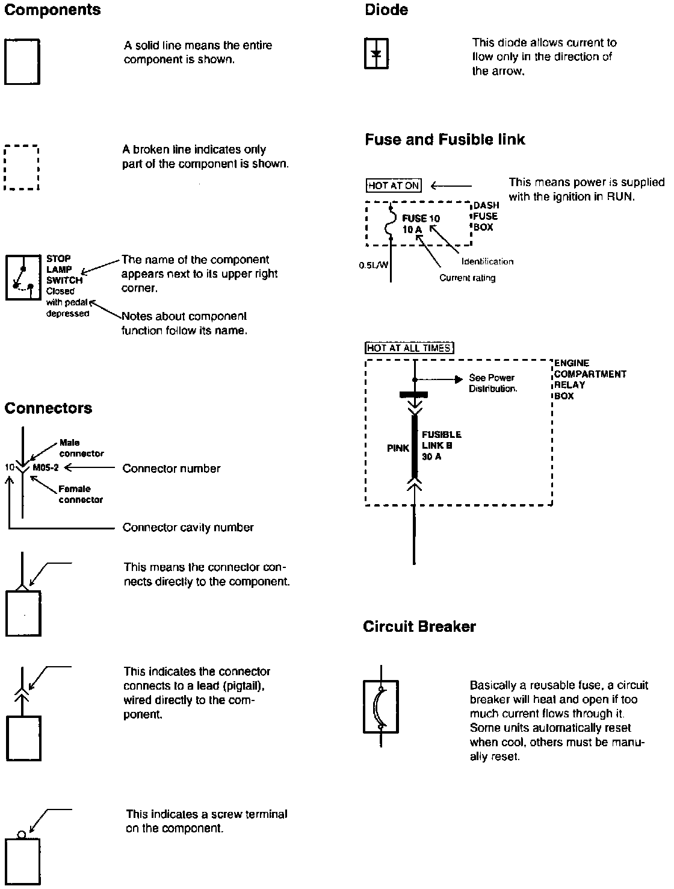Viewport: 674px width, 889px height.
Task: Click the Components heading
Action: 52,10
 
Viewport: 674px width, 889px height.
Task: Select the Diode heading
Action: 386,10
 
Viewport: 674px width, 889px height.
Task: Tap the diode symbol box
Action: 377,54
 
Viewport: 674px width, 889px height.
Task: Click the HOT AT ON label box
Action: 394,186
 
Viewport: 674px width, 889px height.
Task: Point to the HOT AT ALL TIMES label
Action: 409,348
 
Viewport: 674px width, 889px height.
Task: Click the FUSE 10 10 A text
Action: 421,224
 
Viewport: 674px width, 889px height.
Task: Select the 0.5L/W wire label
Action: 373,264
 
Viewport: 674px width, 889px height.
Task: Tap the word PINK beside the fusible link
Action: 398,448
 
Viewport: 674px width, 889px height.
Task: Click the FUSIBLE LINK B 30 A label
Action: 441,445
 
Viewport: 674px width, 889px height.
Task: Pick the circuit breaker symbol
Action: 380,707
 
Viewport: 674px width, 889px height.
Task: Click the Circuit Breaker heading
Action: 419,627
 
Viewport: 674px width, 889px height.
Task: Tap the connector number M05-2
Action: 46,468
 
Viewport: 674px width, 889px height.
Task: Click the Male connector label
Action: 81,448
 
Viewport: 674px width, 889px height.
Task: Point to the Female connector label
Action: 81,494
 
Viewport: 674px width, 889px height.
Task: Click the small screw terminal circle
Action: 22,835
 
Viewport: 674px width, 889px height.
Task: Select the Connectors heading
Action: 48,408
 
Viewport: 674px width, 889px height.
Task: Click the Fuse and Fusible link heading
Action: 445,140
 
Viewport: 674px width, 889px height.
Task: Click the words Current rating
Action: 468,278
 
